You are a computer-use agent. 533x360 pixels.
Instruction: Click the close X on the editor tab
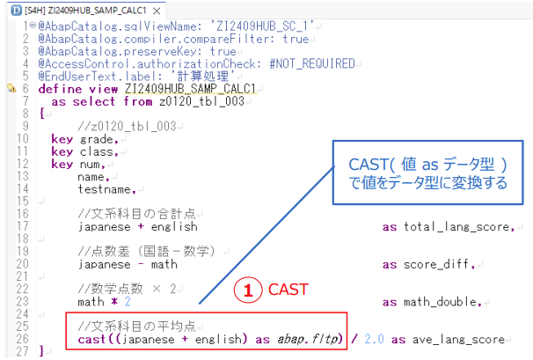(157, 11)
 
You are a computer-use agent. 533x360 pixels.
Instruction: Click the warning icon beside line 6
(11, 89)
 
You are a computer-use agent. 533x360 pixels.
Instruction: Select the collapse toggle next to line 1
(33, 25)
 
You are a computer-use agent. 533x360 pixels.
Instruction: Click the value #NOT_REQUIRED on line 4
(312, 63)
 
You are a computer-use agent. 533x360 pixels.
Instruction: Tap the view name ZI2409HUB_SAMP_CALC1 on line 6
(190, 89)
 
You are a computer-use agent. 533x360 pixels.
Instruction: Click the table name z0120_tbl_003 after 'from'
(202, 101)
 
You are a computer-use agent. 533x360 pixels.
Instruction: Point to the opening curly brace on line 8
(42, 114)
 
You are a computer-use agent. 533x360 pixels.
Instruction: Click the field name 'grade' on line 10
(97, 139)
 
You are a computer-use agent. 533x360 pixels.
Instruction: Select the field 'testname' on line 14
(105, 189)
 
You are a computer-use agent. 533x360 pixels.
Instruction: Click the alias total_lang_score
(456, 227)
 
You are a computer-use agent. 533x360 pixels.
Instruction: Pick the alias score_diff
(436, 264)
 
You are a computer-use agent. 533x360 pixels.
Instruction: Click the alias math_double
(440, 302)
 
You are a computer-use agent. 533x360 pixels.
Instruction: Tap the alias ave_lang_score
(458, 339)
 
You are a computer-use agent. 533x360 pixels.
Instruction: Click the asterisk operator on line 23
(114, 302)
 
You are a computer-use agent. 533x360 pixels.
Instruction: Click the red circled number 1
(248, 290)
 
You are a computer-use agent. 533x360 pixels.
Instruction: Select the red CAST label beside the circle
(288, 290)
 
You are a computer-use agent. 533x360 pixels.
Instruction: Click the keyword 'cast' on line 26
(91, 339)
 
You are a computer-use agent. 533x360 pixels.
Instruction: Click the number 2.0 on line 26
(375, 339)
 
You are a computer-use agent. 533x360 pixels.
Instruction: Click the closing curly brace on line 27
(42, 351)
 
